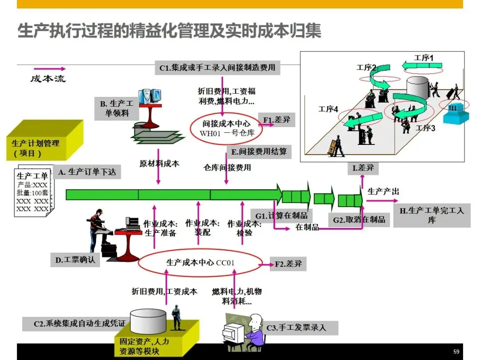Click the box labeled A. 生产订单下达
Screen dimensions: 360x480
(88, 172)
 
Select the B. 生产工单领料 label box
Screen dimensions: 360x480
(116, 108)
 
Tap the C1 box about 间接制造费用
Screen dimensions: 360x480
(217, 68)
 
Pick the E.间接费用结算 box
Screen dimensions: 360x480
(259, 152)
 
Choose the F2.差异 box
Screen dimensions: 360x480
(288, 264)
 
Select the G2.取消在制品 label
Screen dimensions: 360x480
(359, 220)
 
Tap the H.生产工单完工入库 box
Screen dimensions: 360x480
(432, 215)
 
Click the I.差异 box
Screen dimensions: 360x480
(363, 168)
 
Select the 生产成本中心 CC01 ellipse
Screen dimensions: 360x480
(200, 263)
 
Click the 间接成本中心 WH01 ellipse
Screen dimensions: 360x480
(226, 128)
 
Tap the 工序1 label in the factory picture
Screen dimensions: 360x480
(423, 58)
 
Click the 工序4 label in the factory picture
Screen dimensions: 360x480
(328, 109)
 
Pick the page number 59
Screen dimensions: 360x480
(456, 351)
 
